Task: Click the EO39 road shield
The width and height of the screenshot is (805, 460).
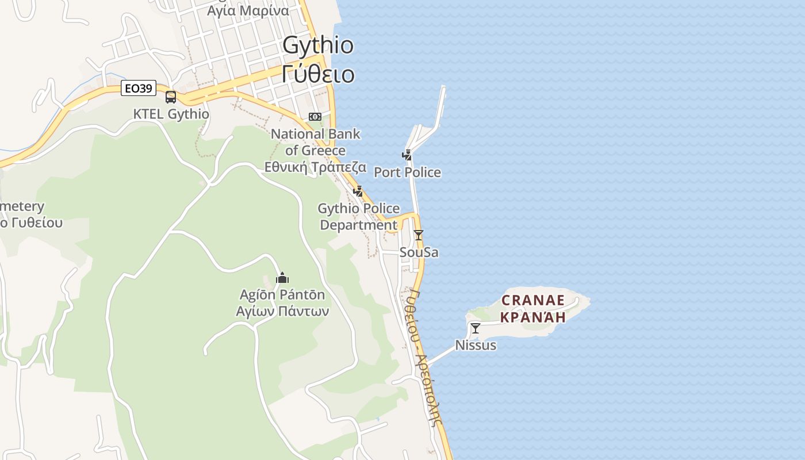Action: point(139,89)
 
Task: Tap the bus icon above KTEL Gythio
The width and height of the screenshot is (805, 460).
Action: point(171,97)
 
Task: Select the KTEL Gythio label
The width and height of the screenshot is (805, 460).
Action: point(171,114)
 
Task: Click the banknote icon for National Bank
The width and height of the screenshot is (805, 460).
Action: point(315,117)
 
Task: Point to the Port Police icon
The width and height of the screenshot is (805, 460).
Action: point(407,155)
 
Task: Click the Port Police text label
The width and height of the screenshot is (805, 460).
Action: point(407,172)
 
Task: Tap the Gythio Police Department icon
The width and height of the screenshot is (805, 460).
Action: point(358,191)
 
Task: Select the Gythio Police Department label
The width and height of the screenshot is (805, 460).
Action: point(359,216)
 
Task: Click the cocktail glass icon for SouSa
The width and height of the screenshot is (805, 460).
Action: point(419,235)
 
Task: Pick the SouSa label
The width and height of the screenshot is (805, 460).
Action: point(419,252)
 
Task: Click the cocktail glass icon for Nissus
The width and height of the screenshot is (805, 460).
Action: point(475,328)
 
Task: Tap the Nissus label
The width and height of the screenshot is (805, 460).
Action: point(476,345)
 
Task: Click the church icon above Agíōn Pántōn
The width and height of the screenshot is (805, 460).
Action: point(282,278)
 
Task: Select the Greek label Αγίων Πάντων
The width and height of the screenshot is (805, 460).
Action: point(282,311)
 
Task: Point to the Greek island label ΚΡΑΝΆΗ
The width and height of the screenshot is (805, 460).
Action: point(533,316)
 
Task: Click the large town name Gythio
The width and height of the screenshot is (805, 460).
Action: point(318,45)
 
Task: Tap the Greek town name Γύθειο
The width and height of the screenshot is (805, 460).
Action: point(318,74)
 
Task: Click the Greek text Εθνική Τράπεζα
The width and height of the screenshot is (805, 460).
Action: point(315,167)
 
